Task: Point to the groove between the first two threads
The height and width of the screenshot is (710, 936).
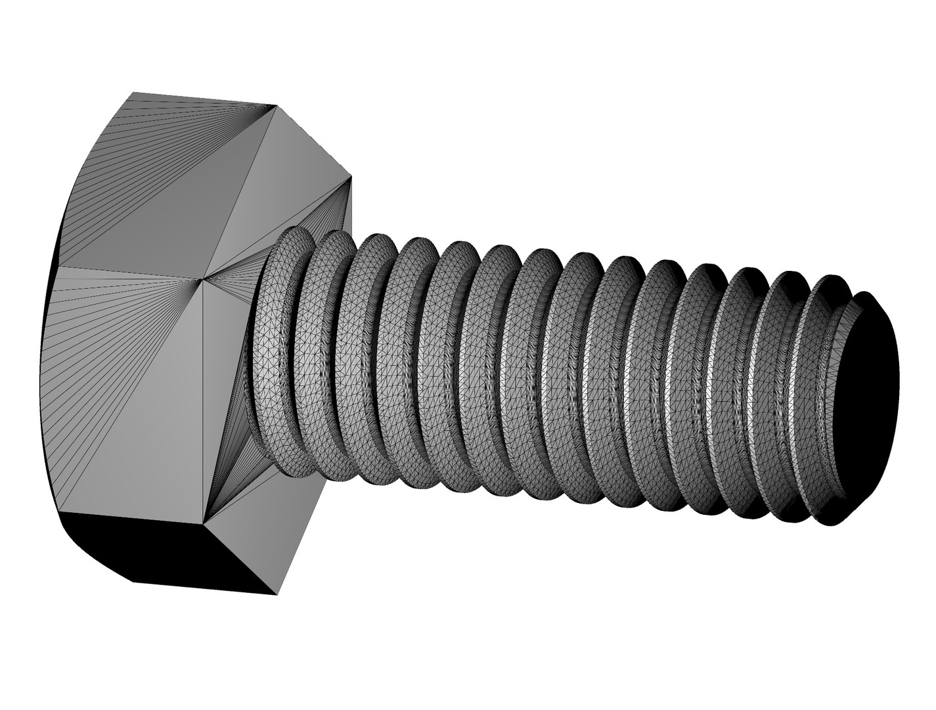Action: tap(303, 355)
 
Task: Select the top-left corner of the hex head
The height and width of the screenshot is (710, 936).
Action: tap(134, 93)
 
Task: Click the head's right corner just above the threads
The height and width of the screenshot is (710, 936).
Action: tap(351, 177)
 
